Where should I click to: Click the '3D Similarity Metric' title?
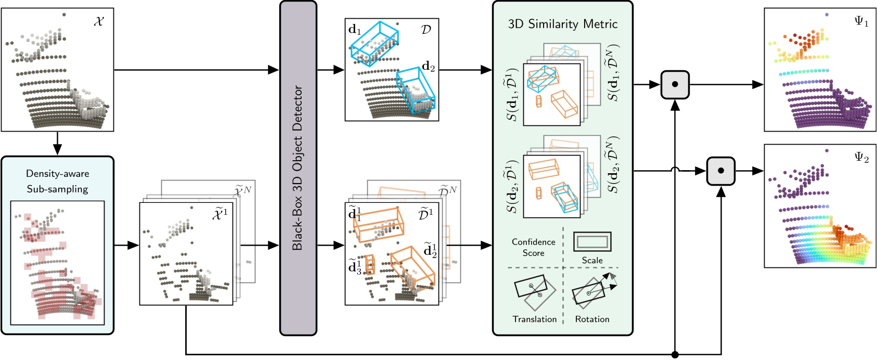(x=562, y=24)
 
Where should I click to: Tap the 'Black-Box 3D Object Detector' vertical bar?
(x=298, y=168)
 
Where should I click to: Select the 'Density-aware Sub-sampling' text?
(x=57, y=181)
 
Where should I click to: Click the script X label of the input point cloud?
(x=99, y=22)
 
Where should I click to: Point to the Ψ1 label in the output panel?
(x=861, y=22)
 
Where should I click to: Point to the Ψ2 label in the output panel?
(x=861, y=159)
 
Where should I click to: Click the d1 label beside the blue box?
(x=355, y=30)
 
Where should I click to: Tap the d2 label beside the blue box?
(x=428, y=67)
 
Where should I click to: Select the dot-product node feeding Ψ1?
(x=675, y=85)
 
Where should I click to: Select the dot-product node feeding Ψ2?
(x=720, y=171)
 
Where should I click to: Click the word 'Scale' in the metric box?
(x=592, y=260)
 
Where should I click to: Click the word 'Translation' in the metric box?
(x=534, y=319)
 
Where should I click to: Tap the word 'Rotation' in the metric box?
(x=592, y=319)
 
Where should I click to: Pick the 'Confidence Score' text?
(x=533, y=247)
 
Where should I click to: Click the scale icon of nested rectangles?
(x=592, y=242)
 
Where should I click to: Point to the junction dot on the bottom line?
(x=675, y=355)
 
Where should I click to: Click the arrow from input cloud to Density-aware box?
(x=57, y=143)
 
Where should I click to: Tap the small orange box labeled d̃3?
(x=370, y=264)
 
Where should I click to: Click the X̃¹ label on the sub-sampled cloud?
(x=220, y=214)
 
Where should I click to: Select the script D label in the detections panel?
(x=425, y=30)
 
